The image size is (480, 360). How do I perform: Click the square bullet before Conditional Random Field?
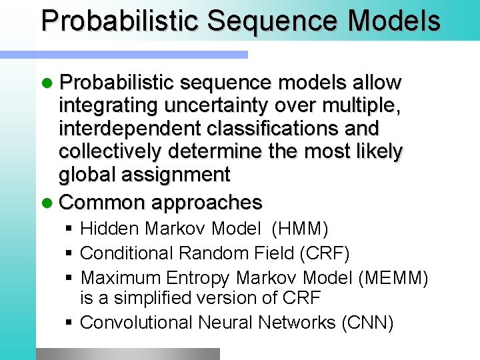pos(69,253)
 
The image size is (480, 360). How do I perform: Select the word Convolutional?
pos(137,323)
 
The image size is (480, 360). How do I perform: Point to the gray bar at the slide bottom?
pos(127,354)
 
